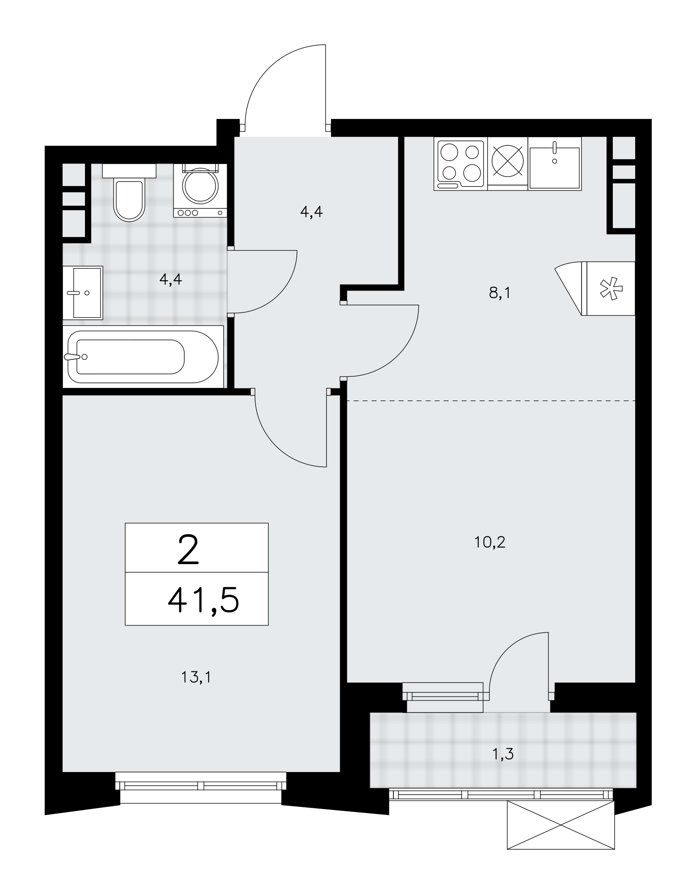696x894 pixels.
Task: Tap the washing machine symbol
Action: pyautogui.click(x=200, y=190)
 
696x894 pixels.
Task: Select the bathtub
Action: pyautogui.click(x=143, y=356)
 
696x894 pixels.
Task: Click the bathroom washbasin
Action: pyautogui.click(x=83, y=293)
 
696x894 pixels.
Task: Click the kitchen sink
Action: pyautogui.click(x=555, y=164)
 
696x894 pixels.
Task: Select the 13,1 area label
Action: pyautogui.click(x=196, y=678)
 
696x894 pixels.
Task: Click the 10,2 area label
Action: pyautogui.click(x=489, y=542)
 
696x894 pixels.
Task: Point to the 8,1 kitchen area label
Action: pyautogui.click(x=500, y=293)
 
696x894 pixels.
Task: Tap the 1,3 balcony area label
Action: pyautogui.click(x=502, y=755)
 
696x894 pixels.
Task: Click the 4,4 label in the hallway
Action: pyautogui.click(x=311, y=212)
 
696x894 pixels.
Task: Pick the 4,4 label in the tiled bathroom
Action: pyautogui.click(x=171, y=280)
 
